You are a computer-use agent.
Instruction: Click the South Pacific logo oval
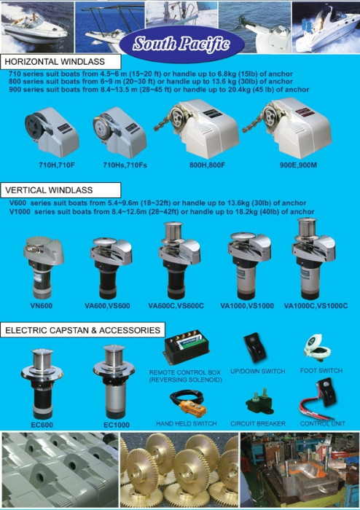[x=181, y=44]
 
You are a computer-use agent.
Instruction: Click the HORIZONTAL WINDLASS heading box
[x=60, y=61]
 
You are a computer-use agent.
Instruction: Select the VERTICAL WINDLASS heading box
[x=60, y=190]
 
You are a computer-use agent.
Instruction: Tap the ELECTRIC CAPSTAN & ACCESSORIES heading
[x=83, y=330]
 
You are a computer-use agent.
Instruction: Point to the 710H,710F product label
[x=57, y=165]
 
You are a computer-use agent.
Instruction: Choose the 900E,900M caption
[x=298, y=165]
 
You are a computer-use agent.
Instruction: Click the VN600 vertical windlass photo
[x=43, y=267]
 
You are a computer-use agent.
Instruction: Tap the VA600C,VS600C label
[x=176, y=306]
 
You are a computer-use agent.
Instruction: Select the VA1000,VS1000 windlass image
[x=249, y=264]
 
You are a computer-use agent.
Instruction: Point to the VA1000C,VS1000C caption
[x=316, y=306]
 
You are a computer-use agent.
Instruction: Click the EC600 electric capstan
[x=42, y=384]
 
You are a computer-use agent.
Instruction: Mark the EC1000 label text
[x=117, y=425]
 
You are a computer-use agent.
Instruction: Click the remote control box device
[x=186, y=347]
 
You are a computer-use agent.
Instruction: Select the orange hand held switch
[x=188, y=404]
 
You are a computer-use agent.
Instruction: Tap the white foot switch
[x=318, y=348]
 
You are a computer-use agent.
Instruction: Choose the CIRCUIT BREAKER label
[x=258, y=423]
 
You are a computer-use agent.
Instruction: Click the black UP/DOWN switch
[x=255, y=348]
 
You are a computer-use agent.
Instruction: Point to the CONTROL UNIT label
[x=323, y=423]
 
